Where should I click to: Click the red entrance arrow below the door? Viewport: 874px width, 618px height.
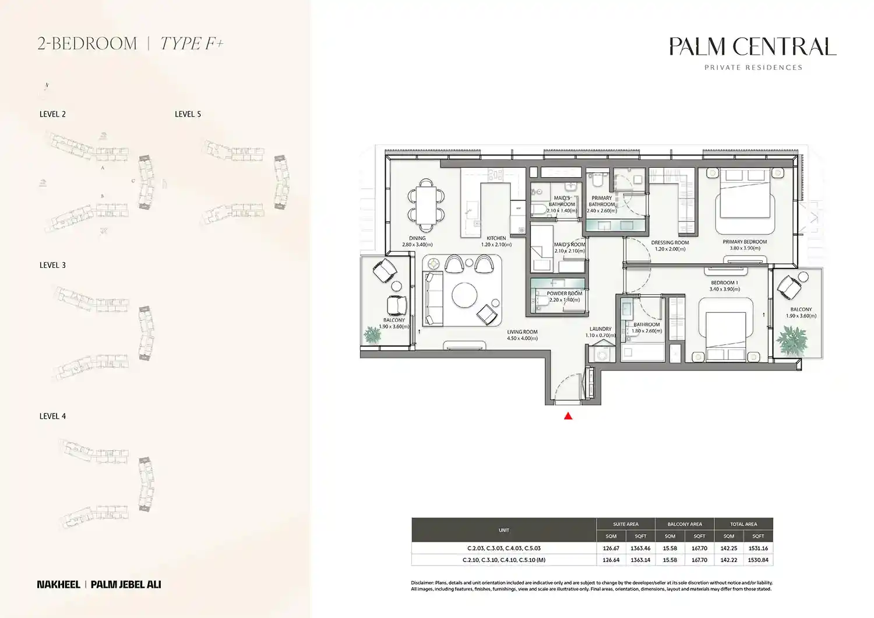pos(568,416)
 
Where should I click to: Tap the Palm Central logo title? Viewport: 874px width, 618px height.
pos(753,47)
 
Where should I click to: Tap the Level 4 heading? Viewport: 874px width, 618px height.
pos(52,416)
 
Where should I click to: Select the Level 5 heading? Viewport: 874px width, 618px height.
pos(188,114)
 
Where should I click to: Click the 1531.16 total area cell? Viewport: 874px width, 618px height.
pos(758,548)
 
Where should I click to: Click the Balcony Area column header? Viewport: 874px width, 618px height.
pos(685,524)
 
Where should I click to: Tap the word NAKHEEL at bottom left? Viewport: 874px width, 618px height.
pos(58,584)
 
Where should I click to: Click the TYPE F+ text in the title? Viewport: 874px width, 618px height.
pos(192,44)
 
